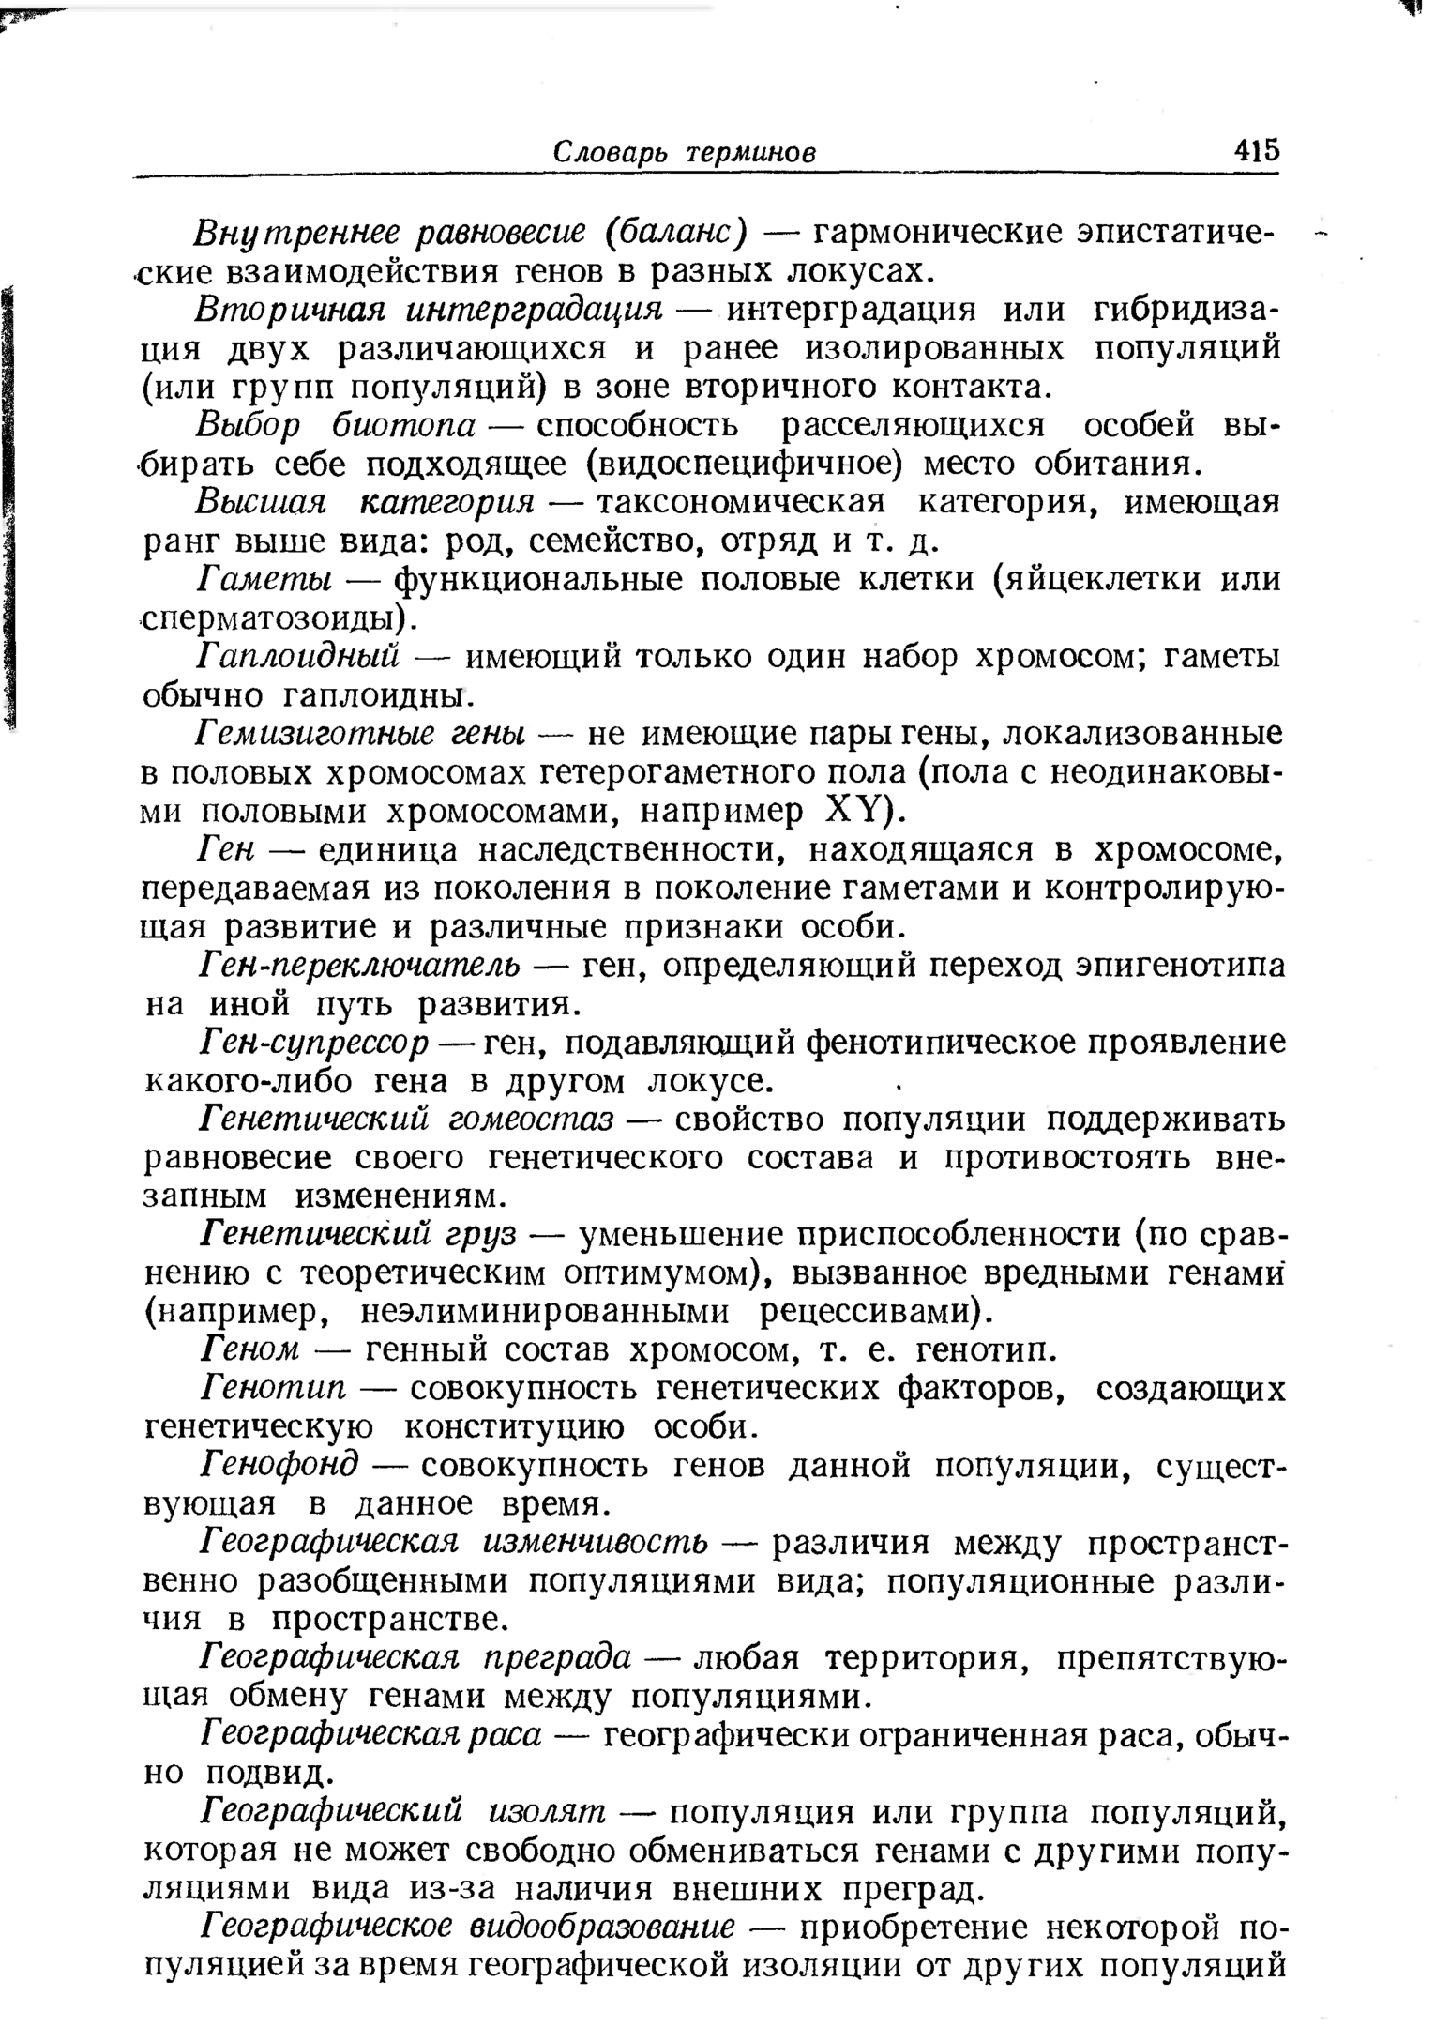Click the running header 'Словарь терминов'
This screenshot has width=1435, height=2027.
[684, 153]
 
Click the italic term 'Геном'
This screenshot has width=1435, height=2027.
[249, 1350]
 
